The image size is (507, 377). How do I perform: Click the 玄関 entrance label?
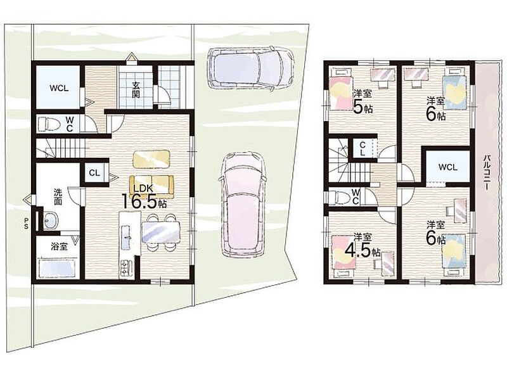click(136, 89)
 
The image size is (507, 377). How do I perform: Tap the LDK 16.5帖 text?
click(144, 197)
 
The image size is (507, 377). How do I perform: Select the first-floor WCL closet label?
click(59, 88)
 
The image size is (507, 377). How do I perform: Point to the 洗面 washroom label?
click(58, 197)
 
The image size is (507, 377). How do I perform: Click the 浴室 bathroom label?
click(59, 246)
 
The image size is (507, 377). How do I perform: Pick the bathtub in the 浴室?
click(58, 268)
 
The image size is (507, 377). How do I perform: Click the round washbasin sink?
click(50, 220)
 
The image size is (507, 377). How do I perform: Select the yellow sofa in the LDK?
click(151, 186)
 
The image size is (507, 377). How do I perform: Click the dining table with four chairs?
click(161, 232)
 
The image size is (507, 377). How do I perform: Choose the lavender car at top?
click(250, 70)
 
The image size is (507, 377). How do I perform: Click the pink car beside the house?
click(243, 205)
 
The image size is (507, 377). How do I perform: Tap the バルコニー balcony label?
click(486, 172)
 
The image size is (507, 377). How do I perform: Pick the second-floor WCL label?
click(448, 167)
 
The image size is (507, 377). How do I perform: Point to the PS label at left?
click(26, 223)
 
